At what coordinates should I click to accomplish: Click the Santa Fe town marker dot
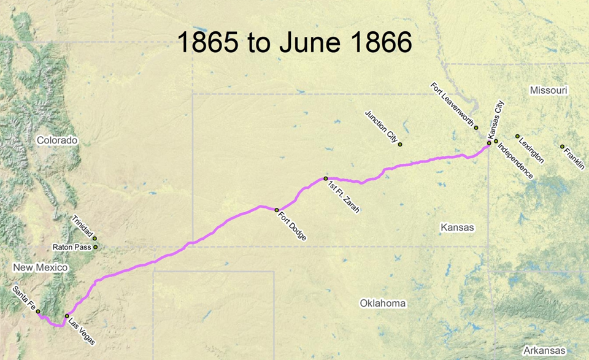38,312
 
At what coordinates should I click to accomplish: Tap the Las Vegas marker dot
67,316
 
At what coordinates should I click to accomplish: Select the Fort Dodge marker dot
277,210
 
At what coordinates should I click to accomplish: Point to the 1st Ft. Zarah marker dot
326,178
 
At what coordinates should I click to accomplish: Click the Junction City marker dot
400,144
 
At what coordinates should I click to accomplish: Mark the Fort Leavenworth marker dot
476,128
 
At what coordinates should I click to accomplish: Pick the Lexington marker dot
517,136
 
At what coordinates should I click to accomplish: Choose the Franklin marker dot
562,146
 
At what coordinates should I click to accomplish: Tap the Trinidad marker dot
94,238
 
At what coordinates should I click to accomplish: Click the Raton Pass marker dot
95,247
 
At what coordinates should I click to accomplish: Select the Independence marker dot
496,141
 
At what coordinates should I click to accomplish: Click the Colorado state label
57,140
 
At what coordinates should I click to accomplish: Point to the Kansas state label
458,228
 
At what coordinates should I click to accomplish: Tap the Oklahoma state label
383,304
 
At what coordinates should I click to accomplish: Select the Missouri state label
549,91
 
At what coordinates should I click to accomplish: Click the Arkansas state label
541,350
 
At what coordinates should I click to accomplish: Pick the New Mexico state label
40,268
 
